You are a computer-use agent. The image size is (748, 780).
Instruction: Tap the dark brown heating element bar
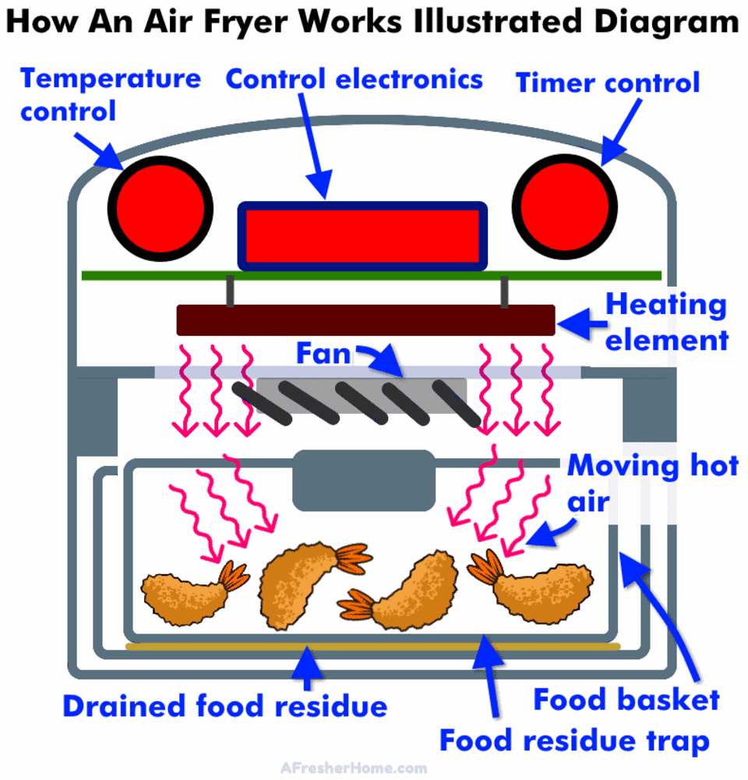[x=365, y=320]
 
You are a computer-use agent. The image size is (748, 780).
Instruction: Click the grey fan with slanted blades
[x=362, y=398]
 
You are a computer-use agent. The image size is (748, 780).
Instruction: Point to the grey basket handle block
[x=363, y=480]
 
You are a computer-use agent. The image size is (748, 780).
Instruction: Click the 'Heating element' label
[x=667, y=321]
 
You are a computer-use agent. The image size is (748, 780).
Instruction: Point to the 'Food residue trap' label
[x=575, y=740]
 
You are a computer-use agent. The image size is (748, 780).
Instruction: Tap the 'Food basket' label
[x=626, y=699]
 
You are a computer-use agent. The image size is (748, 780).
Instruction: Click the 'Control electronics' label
[x=354, y=79]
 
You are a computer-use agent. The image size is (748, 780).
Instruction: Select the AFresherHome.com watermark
[x=354, y=768]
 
